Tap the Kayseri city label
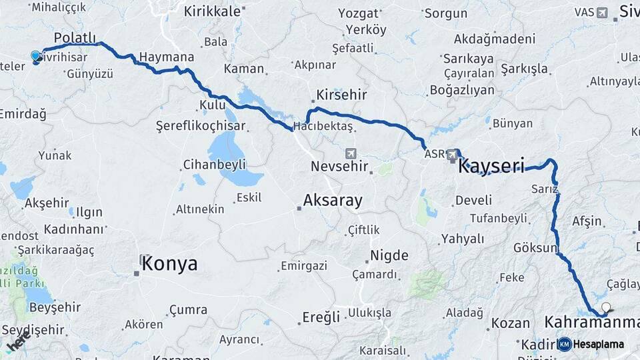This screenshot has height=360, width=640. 491,165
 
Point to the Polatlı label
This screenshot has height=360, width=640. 75,38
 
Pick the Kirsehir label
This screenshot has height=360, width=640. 341,95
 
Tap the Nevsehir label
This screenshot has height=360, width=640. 339,166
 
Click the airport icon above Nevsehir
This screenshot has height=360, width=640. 351,153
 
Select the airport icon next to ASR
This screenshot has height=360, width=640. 453,154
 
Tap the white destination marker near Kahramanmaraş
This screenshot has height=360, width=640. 605,307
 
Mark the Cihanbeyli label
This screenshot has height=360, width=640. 215,164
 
